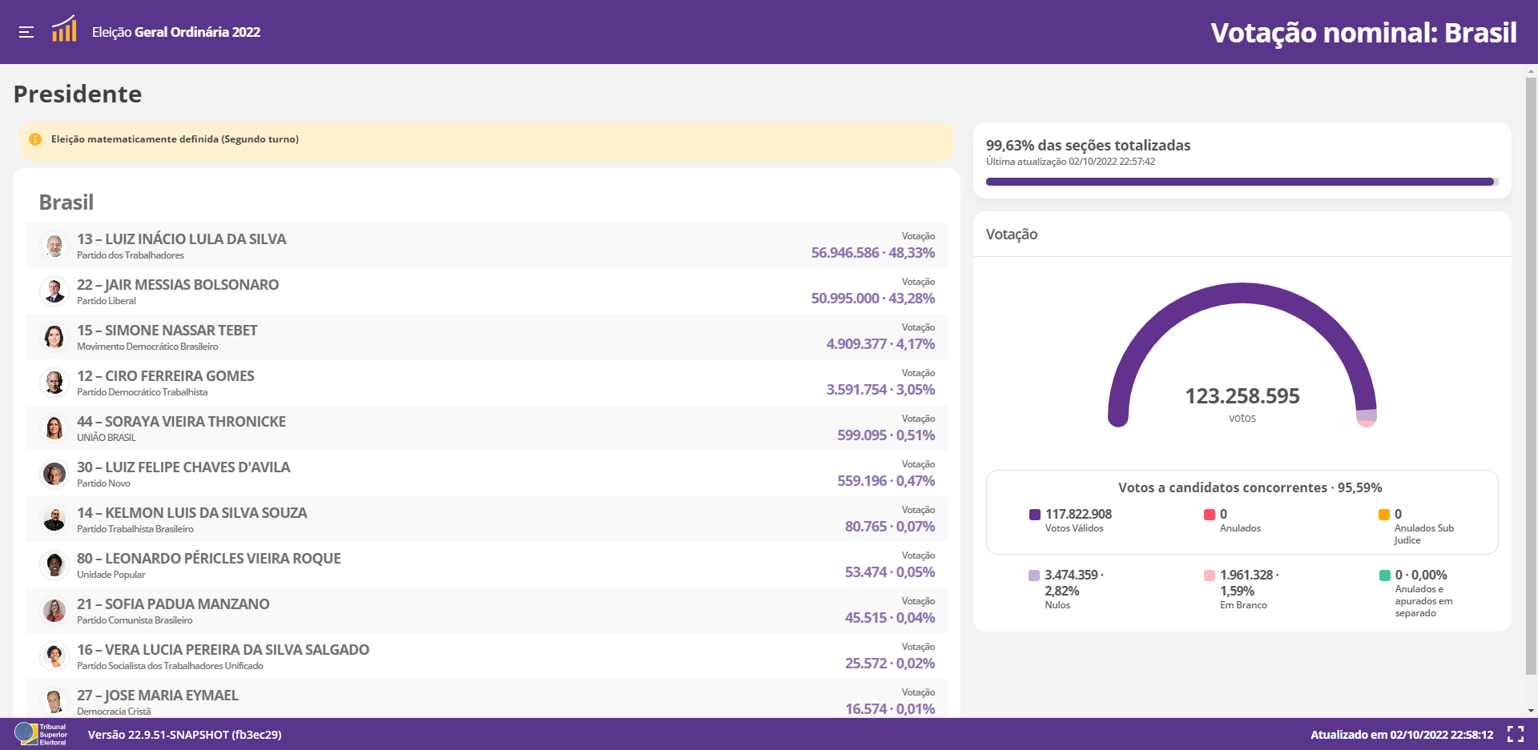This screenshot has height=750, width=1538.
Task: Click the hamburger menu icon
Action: click(x=26, y=32)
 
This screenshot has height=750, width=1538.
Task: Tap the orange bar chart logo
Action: click(x=64, y=29)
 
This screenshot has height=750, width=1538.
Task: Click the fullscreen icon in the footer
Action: click(x=1516, y=734)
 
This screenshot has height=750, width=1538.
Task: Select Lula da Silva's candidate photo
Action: click(x=54, y=246)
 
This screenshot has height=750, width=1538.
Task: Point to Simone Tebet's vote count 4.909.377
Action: click(x=856, y=344)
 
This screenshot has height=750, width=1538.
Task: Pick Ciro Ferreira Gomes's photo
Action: click(x=54, y=383)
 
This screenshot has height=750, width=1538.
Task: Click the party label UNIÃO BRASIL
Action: click(x=107, y=438)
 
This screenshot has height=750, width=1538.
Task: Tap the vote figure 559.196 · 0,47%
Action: click(x=886, y=481)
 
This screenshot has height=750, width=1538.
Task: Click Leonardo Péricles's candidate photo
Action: click(x=54, y=565)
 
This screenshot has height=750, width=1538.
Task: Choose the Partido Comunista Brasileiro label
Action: click(x=135, y=620)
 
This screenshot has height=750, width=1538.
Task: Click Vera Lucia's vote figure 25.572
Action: click(x=866, y=664)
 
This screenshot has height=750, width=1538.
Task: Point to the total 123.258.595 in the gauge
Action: click(x=1242, y=396)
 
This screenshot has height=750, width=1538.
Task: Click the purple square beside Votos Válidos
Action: click(x=1035, y=515)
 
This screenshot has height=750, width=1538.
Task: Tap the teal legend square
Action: click(x=1385, y=576)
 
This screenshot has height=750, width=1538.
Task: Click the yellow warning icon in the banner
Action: click(x=35, y=139)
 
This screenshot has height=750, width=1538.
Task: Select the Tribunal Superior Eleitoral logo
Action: click(x=41, y=734)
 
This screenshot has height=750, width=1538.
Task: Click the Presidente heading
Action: click(x=78, y=94)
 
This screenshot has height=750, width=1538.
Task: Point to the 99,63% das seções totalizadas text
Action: click(x=1088, y=146)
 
